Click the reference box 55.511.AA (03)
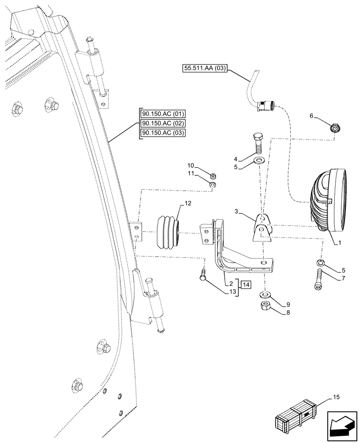(x=204, y=68)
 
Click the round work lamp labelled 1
(x=328, y=200)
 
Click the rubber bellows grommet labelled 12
(x=168, y=230)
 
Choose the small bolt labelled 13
(x=203, y=276)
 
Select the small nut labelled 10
(x=212, y=175)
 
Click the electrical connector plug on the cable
(x=266, y=105)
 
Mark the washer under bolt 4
(x=259, y=160)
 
